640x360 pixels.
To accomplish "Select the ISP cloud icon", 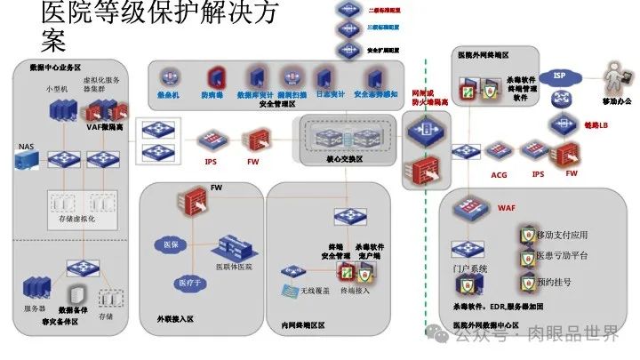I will pos(559,76).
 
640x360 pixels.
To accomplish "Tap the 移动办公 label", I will pos(616,101).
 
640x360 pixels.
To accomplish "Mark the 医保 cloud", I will pos(166,243).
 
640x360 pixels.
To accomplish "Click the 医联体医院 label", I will pos(234,267).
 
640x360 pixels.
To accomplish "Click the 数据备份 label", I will pos(74,309).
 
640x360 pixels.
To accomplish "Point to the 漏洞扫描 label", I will pos(291,93).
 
